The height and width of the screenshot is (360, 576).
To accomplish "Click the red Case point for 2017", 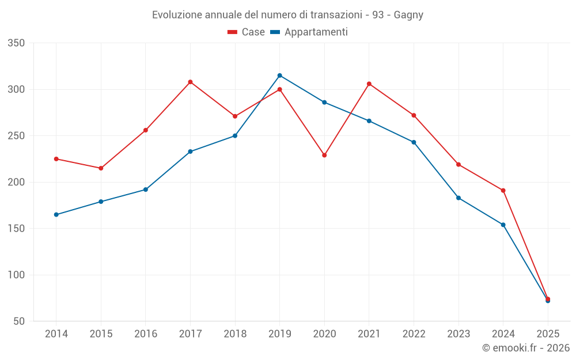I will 190,82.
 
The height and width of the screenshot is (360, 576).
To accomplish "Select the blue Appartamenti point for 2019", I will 280,75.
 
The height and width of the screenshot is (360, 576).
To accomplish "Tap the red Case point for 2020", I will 324,155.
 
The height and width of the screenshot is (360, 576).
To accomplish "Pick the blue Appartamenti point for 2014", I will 56,214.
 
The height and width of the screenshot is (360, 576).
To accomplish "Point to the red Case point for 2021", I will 369,84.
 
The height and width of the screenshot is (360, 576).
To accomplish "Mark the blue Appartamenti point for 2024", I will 503,225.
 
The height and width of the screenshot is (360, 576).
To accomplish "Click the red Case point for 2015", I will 101,168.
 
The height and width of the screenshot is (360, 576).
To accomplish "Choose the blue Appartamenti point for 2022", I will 414,142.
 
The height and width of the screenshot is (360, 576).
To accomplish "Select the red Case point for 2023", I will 458,164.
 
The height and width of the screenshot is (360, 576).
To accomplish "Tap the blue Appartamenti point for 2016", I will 146,190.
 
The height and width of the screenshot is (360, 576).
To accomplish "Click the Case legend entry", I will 247,32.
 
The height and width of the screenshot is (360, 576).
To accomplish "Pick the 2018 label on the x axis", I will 235,334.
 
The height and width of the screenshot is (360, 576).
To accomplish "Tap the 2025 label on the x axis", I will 548,334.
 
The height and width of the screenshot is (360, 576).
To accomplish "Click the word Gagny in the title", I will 408,15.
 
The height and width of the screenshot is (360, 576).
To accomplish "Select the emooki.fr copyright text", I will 525,348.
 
